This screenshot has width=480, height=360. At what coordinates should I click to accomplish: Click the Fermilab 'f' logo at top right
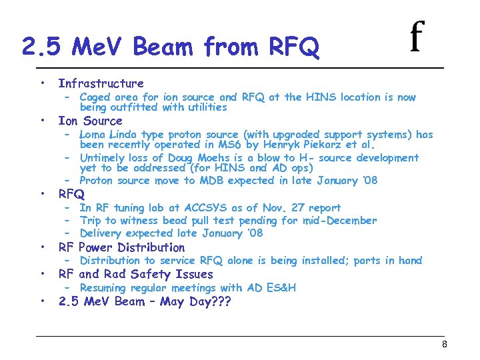[417, 37]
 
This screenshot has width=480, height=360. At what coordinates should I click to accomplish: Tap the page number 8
[444, 345]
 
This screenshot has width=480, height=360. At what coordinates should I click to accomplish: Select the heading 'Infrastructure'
[101, 83]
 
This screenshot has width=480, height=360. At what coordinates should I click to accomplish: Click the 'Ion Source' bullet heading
[90, 121]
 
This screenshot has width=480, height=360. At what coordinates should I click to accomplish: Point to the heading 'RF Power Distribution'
[121, 247]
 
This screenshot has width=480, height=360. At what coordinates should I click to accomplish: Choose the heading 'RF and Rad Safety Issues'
[135, 274]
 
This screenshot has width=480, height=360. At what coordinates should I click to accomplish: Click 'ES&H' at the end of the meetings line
[281, 288]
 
